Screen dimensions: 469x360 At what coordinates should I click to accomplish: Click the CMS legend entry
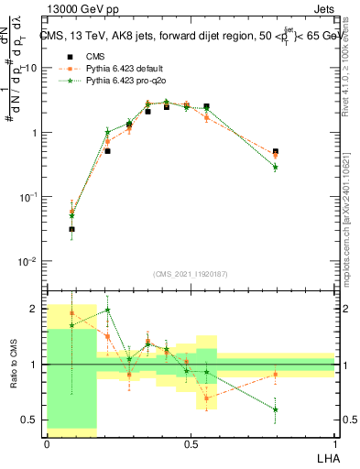pos(92,56)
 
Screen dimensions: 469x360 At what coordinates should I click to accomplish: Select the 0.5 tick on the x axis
pos(191,443)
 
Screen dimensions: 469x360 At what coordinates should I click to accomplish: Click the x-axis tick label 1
pos(334,443)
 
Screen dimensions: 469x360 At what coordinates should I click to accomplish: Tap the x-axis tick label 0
pos(47,443)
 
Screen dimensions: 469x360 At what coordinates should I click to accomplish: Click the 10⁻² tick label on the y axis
pos(28,261)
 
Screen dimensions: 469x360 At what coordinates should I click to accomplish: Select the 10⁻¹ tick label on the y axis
pos(28,197)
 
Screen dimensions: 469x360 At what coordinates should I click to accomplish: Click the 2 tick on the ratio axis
pos(34,309)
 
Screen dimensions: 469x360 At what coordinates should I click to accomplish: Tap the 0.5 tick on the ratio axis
pos(30,420)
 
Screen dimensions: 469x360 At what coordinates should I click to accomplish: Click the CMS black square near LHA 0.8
pos(276,152)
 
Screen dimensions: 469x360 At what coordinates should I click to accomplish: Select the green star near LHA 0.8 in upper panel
pos(276,167)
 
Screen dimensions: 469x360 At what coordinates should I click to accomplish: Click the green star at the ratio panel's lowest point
pos(276,409)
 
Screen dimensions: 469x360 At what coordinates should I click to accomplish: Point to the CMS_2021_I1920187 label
pos(191,274)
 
